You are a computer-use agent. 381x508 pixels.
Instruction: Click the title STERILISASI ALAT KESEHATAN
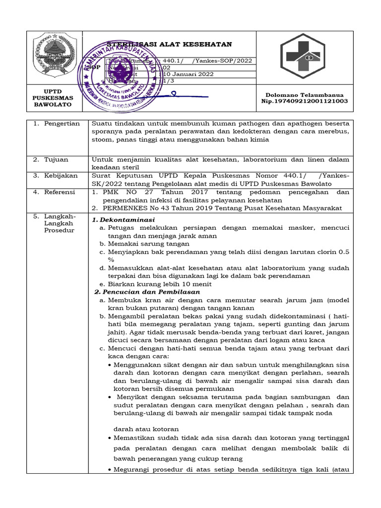(x=170, y=44)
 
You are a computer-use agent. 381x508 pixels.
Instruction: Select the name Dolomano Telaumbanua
(x=305, y=94)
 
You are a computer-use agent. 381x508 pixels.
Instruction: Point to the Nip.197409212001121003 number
(x=305, y=101)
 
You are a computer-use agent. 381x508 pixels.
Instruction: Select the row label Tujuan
(x=57, y=160)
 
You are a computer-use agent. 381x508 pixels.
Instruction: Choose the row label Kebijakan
(x=61, y=176)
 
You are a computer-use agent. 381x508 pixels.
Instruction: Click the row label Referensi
(x=60, y=191)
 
